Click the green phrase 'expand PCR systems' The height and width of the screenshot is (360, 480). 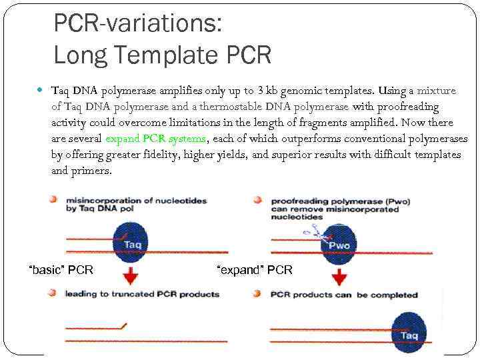tap(155, 139)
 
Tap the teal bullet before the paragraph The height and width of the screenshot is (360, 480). tap(42, 90)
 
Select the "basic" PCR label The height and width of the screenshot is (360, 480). tap(61, 270)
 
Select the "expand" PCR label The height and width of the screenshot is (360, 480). tap(255, 270)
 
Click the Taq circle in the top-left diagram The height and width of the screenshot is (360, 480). tap(132, 243)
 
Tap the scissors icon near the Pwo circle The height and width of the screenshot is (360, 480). tap(313, 231)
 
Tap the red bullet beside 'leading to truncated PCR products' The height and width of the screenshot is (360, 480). tap(52, 293)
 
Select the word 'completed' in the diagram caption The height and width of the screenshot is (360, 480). tap(394, 295)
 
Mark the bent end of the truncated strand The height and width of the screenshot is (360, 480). tap(123, 326)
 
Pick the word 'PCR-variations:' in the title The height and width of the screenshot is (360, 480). tap(137, 24)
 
